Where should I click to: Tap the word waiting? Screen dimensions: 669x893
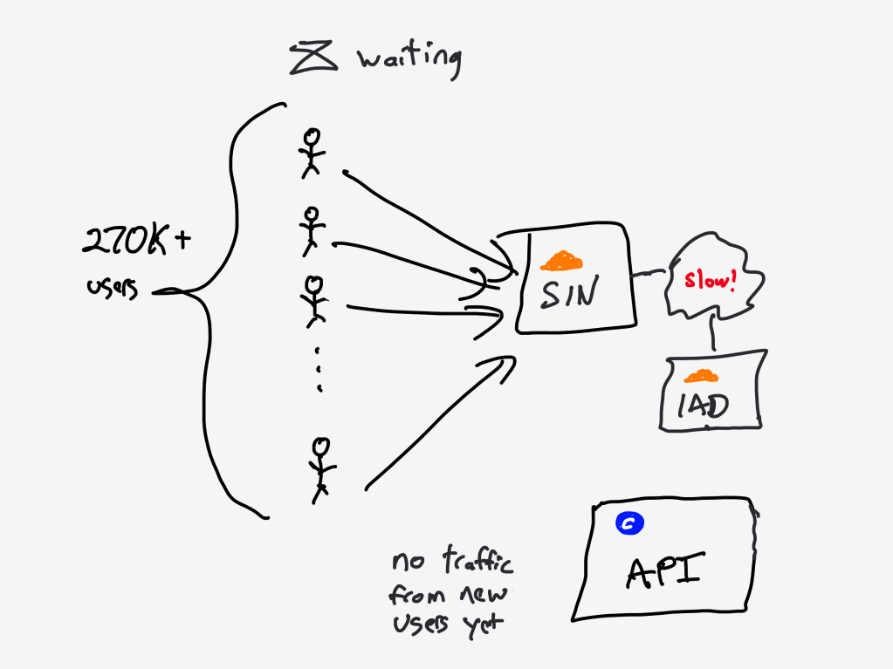[x=409, y=60]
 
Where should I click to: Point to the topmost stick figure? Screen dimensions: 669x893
[x=311, y=152]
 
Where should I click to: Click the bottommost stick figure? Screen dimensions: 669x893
[x=321, y=468]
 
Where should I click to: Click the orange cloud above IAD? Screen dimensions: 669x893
[x=700, y=377]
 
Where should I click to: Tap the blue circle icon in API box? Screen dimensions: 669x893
[x=629, y=523]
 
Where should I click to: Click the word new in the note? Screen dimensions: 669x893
[x=485, y=597]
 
